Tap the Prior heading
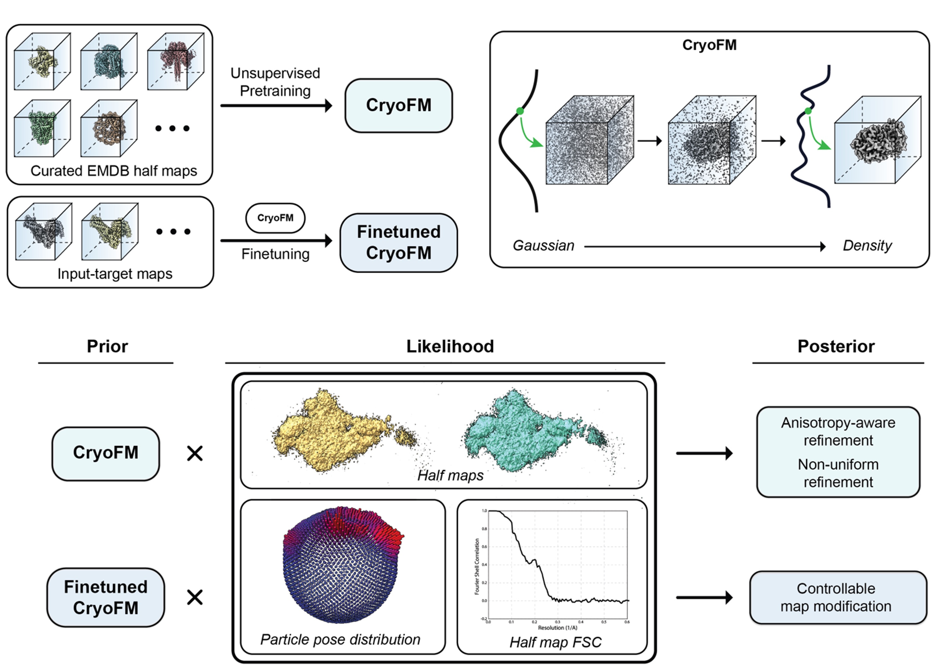(x=107, y=346)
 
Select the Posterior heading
(x=836, y=346)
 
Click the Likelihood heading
(x=450, y=346)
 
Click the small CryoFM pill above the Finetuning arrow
(x=275, y=218)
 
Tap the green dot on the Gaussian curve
(x=520, y=111)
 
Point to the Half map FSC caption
(x=555, y=642)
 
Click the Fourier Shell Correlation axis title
(x=477, y=566)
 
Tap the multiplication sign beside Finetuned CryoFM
(x=195, y=597)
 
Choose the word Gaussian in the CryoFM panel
(x=543, y=246)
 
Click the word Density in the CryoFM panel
(x=867, y=246)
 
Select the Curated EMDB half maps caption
(x=114, y=171)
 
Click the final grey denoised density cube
(x=877, y=140)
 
